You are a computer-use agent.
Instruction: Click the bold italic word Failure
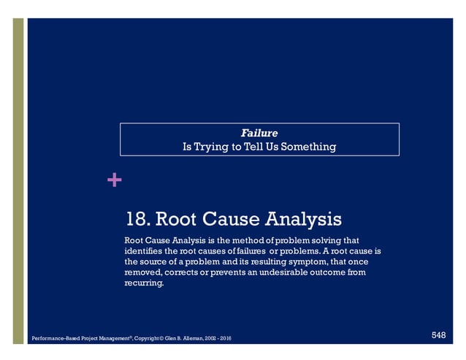pyautogui.click(x=259, y=133)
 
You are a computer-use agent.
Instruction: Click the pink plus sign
pyautogui.click(x=113, y=179)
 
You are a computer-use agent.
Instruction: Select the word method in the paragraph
pyautogui.click(x=261, y=240)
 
